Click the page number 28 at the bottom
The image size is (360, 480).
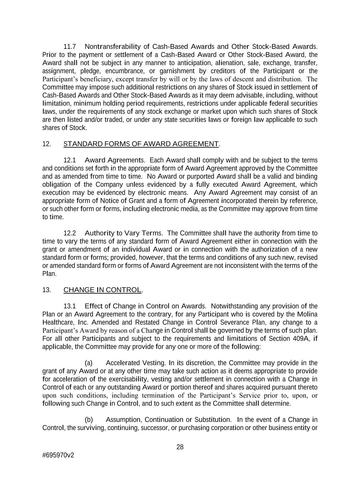pyautogui.click(x=180, y=447)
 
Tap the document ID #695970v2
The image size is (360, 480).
pyautogui.click(x=58, y=455)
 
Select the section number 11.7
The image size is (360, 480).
pyautogui.click(x=70, y=46)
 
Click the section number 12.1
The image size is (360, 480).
pyautogui.click(x=70, y=160)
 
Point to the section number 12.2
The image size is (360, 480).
pyautogui.click(x=70, y=233)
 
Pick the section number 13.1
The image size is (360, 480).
pyautogui.click(x=70, y=306)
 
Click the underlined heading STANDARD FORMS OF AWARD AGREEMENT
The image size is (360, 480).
pyautogui.click(x=141, y=144)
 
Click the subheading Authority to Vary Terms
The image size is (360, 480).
pyautogui.click(x=124, y=233)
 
